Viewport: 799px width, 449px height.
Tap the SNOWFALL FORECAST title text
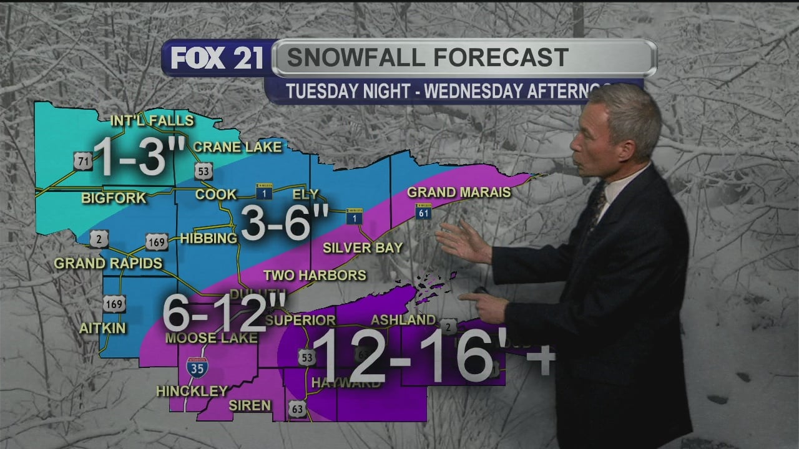[x=428, y=57]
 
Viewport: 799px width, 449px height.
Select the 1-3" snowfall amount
[x=133, y=157]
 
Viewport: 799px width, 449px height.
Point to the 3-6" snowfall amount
[x=285, y=222]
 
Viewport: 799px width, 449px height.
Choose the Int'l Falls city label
[x=152, y=120]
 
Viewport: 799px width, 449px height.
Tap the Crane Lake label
[x=237, y=147]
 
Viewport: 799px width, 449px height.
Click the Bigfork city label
[x=114, y=198]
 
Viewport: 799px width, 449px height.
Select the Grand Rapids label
[x=108, y=263]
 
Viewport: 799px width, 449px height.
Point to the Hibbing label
[x=208, y=238]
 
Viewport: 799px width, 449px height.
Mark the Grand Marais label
[x=459, y=192]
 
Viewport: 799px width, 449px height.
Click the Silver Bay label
[x=363, y=248]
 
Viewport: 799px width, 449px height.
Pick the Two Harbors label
[x=315, y=275]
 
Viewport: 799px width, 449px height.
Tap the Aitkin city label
[x=102, y=328]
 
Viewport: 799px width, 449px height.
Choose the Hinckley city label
[x=192, y=391]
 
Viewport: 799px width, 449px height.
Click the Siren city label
[x=250, y=405]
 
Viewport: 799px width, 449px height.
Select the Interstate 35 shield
[x=197, y=367]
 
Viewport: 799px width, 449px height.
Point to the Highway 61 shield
[x=423, y=213]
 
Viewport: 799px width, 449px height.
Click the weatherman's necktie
[x=597, y=203]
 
